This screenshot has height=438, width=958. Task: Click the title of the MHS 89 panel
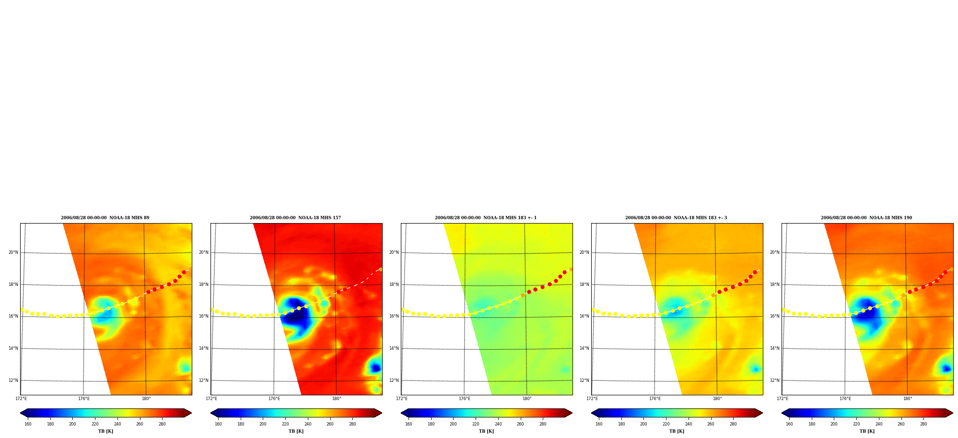tap(105, 218)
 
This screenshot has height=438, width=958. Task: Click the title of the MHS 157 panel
tap(295, 218)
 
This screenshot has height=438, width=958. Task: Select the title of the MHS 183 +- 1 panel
tap(486, 218)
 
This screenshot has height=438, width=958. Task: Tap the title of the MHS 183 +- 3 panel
tap(676, 218)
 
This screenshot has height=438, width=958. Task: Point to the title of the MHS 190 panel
tap(866, 218)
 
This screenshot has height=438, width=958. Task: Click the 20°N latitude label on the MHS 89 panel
tap(13, 252)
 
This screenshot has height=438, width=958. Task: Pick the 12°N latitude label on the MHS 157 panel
tap(203, 380)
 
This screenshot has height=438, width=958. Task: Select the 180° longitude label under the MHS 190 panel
tap(908, 399)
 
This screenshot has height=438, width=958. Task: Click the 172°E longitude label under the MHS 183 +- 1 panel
tap(402, 399)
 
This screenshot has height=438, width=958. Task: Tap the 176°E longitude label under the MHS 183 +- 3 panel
tap(655, 399)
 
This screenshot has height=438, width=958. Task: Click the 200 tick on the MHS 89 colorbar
tap(72, 424)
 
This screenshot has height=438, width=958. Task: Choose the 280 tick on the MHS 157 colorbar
tap(352, 424)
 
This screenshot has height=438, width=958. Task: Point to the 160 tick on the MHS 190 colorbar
tap(789, 424)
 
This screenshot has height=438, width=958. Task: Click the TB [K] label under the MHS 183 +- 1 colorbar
tap(486, 431)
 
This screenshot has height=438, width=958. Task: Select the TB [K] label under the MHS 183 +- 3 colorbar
tap(677, 431)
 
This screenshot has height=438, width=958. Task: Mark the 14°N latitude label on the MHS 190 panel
tap(774, 348)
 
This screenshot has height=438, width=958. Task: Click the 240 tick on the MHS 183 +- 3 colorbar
tap(689, 424)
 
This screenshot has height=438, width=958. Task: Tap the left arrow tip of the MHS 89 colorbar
tap(20, 413)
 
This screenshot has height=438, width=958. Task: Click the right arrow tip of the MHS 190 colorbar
tap(953, 413)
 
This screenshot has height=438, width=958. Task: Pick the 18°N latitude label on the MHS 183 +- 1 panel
tap(394, 284)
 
